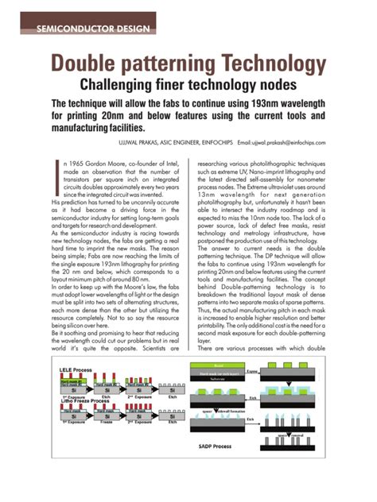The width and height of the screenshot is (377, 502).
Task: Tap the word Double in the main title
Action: [x=86, y=64]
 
